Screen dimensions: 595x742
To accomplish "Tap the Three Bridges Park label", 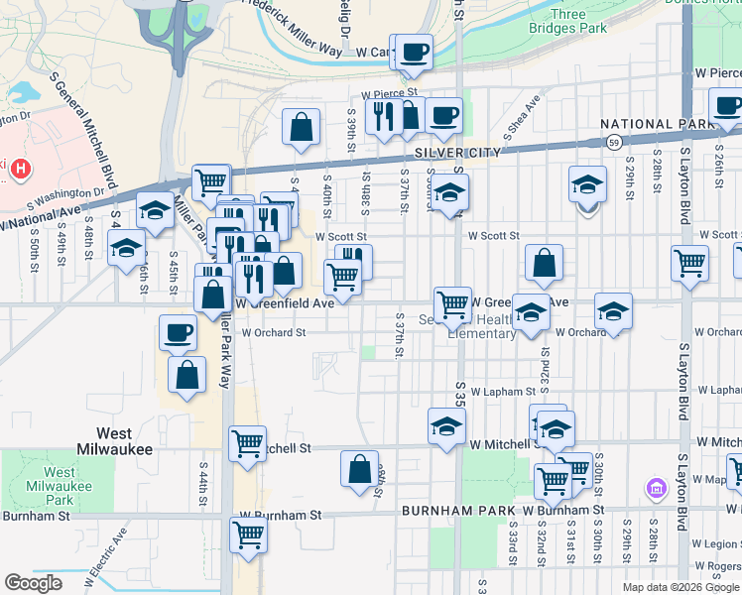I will (x=579, y=22).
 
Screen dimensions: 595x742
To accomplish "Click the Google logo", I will (x=33, y=583).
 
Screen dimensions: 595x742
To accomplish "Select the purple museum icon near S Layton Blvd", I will (x=656, y=488).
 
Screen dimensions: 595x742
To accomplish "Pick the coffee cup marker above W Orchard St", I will (x=178, y=333).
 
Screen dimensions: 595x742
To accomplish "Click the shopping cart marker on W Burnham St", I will (x=248, y=535).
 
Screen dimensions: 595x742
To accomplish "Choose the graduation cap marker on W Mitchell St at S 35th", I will (x=447, y=426).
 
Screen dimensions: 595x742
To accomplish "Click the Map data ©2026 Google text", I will (x=680, y=587).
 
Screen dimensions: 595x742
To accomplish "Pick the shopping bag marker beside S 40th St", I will (x=301, y=128).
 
